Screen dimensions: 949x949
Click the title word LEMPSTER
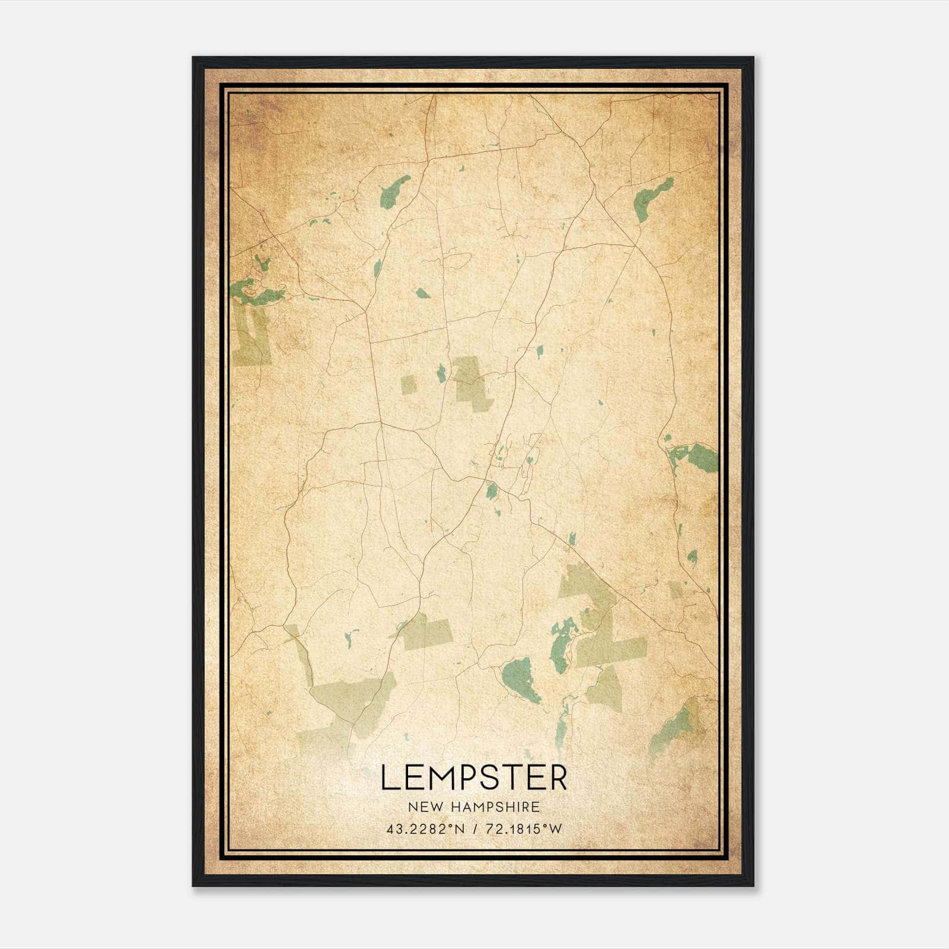click(x=473, y=778)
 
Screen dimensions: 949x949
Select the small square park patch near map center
click(x=408, y=384)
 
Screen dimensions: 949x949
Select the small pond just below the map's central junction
click(x=492, y=491)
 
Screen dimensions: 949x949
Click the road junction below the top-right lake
click(x=635, y=244)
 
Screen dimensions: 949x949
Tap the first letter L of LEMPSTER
click(x=388, y=778)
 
